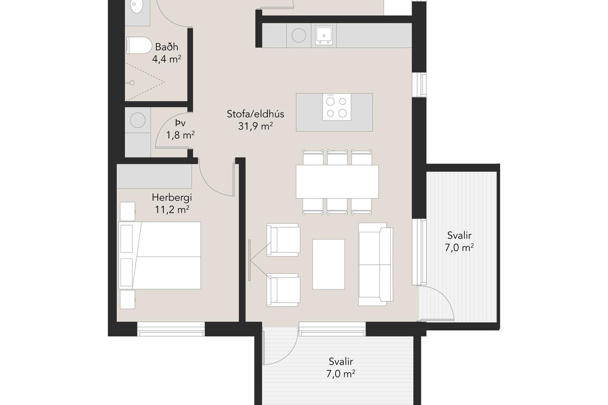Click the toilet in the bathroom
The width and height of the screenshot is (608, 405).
pos(139,46)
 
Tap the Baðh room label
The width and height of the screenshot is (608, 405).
pos(167,47)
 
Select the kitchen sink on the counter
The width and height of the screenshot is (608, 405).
pos(324,35)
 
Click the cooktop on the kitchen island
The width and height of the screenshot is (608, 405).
pos(337,107)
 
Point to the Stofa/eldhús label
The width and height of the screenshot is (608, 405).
pos(256,114)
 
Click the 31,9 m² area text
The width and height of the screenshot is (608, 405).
pos(256,126)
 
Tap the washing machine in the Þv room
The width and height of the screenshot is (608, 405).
pos(138,120)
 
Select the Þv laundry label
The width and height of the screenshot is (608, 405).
pos(180,123)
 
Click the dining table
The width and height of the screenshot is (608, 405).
pos(337,182)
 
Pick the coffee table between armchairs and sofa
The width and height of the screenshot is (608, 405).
pos(329,264)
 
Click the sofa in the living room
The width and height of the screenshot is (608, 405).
pos(376,264)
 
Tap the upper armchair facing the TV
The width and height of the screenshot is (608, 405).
pos(283,240)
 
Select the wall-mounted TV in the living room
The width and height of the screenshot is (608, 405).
pos(250,260)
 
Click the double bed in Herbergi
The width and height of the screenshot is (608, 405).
pos(160,255)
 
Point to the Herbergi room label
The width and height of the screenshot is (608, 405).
pos(172,197)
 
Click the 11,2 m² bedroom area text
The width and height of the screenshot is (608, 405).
pos(172,209)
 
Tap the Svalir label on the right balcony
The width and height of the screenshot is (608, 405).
pos(459,235)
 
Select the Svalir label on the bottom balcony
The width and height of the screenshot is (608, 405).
pos(341,361)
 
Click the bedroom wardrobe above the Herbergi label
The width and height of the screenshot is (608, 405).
pos(154,176)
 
